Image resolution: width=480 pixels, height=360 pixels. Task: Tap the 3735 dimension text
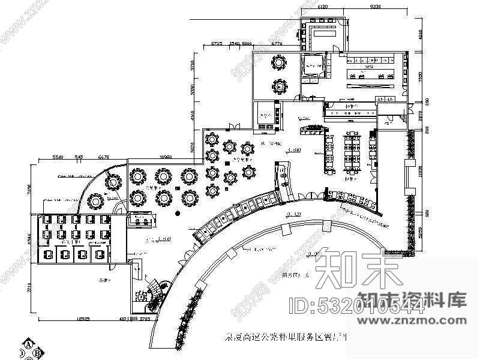(217, 44)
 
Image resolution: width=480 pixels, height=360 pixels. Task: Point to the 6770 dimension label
(277, 44)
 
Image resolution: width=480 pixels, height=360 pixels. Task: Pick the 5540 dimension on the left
(58, 157)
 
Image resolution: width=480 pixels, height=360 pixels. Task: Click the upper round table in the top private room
(279, 62)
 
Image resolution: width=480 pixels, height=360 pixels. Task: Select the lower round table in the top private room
(279, 86)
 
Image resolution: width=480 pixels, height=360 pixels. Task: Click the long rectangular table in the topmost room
(324, 33)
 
